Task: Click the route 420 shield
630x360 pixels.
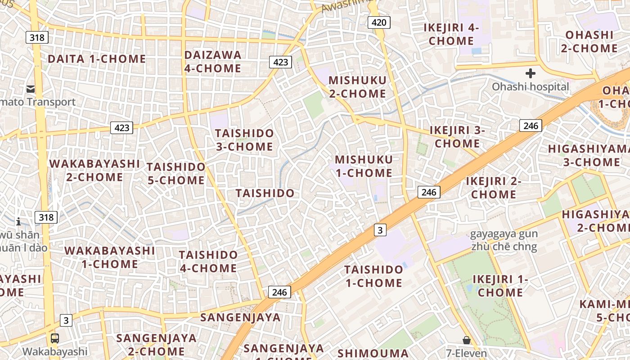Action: (x=378, y=22)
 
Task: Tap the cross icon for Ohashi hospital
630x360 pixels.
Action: (x=531, y=73)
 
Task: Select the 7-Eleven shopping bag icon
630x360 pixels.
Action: (x=467, y=340)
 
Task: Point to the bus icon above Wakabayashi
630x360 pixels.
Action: (x=54, y=338)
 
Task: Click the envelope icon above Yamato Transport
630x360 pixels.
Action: (x=31, y=89)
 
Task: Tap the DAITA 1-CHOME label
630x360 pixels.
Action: (x=97, y=59)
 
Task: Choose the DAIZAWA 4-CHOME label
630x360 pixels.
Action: (x=213, y=62)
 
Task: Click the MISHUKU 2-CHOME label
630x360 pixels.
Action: (x=357, y=87)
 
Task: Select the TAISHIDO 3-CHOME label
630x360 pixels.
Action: (x=244, y=140)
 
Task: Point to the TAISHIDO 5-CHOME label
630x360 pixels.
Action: (x=176, y=174)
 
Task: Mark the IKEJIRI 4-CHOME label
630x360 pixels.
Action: (x=451, y=34)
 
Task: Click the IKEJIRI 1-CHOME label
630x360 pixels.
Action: (x=500, y=286)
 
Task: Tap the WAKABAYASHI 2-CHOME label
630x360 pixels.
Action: (x=94, y=170)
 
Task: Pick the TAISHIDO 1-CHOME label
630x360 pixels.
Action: (x=373, y=276)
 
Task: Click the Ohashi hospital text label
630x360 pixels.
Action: (x=531, y=86)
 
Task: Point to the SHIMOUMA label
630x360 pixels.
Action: (x=373, y=353)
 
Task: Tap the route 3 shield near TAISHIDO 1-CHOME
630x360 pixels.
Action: (x=380, y=230)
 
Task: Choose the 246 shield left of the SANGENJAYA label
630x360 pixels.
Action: (x=279, y=292)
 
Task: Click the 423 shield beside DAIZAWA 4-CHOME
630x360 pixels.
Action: (x=280, y=62)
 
